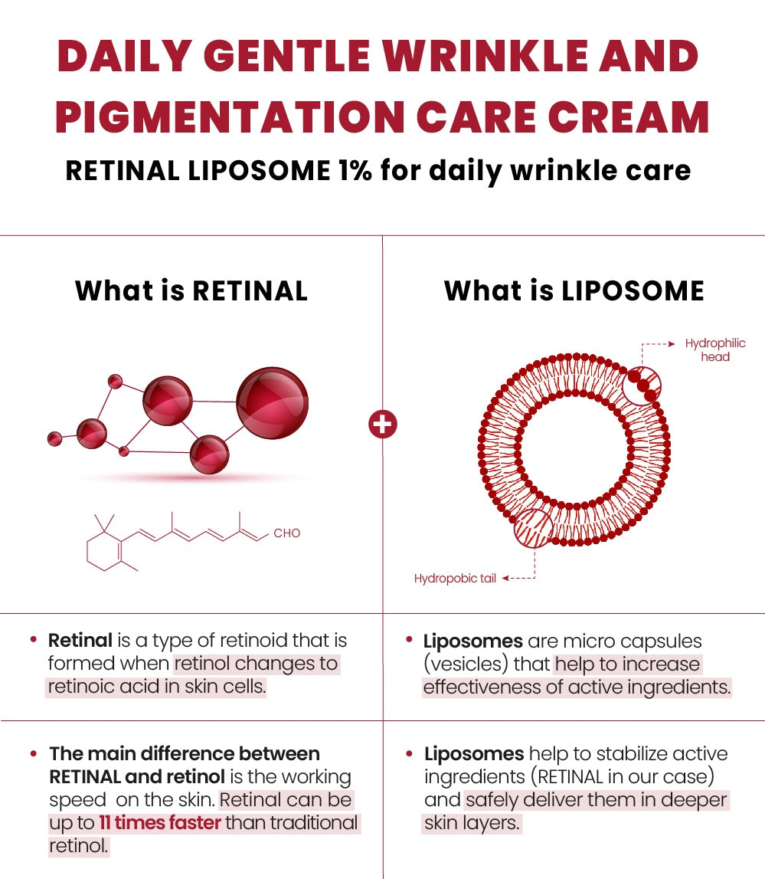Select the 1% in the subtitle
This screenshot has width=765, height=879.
click(x=351, y=170)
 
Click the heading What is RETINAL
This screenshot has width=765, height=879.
click(x=191, y=291)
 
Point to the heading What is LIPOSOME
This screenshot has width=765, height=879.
click(x=574, y=291)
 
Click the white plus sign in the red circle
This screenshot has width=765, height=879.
click(x=383, y=424)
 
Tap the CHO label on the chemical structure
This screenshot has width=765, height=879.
click(x=286, y=533)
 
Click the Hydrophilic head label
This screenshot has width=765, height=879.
click(x=714, y=350)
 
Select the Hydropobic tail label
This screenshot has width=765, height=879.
click(x=455, y=579)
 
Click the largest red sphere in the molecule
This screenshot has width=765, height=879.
click(x=272, y=402)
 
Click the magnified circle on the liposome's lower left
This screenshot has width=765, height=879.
click(x=533, y=528)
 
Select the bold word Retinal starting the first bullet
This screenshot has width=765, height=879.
click(x=80, y=641)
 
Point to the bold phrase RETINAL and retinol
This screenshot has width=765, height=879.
click(x=137, y=776)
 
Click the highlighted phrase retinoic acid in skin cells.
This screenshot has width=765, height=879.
click(x=156, y=687)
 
